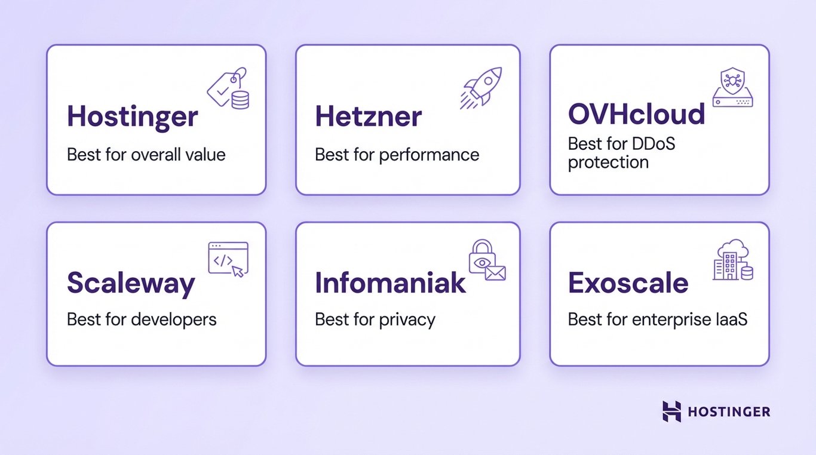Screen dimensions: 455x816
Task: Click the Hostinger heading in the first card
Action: tap(132, 116)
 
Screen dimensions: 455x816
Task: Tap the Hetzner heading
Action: tap(368, 116)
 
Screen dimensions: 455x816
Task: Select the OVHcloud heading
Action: tap(636, 114)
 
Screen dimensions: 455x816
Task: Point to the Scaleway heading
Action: tap(131, 283)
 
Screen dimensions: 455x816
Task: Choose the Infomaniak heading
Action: tap(390, 283)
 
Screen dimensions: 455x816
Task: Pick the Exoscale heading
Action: tap(628, 283)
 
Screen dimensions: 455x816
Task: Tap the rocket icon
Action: tap(481, 87)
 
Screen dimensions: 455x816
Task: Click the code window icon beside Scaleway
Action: tap(228, 259)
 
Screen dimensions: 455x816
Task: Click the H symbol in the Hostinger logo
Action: tap(671, 411)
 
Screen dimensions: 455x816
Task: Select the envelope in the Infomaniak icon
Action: tap(495, 273)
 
